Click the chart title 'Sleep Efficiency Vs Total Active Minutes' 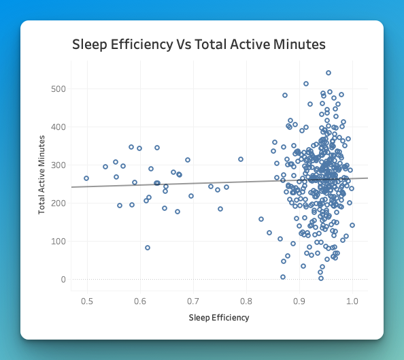(x=199, y=45)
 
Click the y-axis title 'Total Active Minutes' (x=41, y=175)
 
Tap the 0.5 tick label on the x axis (x=87, y=301)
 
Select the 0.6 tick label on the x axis (x=140, y=301)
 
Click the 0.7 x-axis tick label (x=193, y=301)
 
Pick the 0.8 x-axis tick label (x=246, y=301)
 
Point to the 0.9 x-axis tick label (x=299, y=301)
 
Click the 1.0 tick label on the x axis (x=352, y=301)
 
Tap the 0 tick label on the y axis (x=62, y=280)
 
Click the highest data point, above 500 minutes (x=329, y=73)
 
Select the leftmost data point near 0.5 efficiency (x=86, y=178)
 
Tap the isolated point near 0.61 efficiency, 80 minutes (x=148, y=248)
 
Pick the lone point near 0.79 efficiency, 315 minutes (x=241, y=159)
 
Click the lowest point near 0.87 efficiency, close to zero (x=283, y=277)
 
